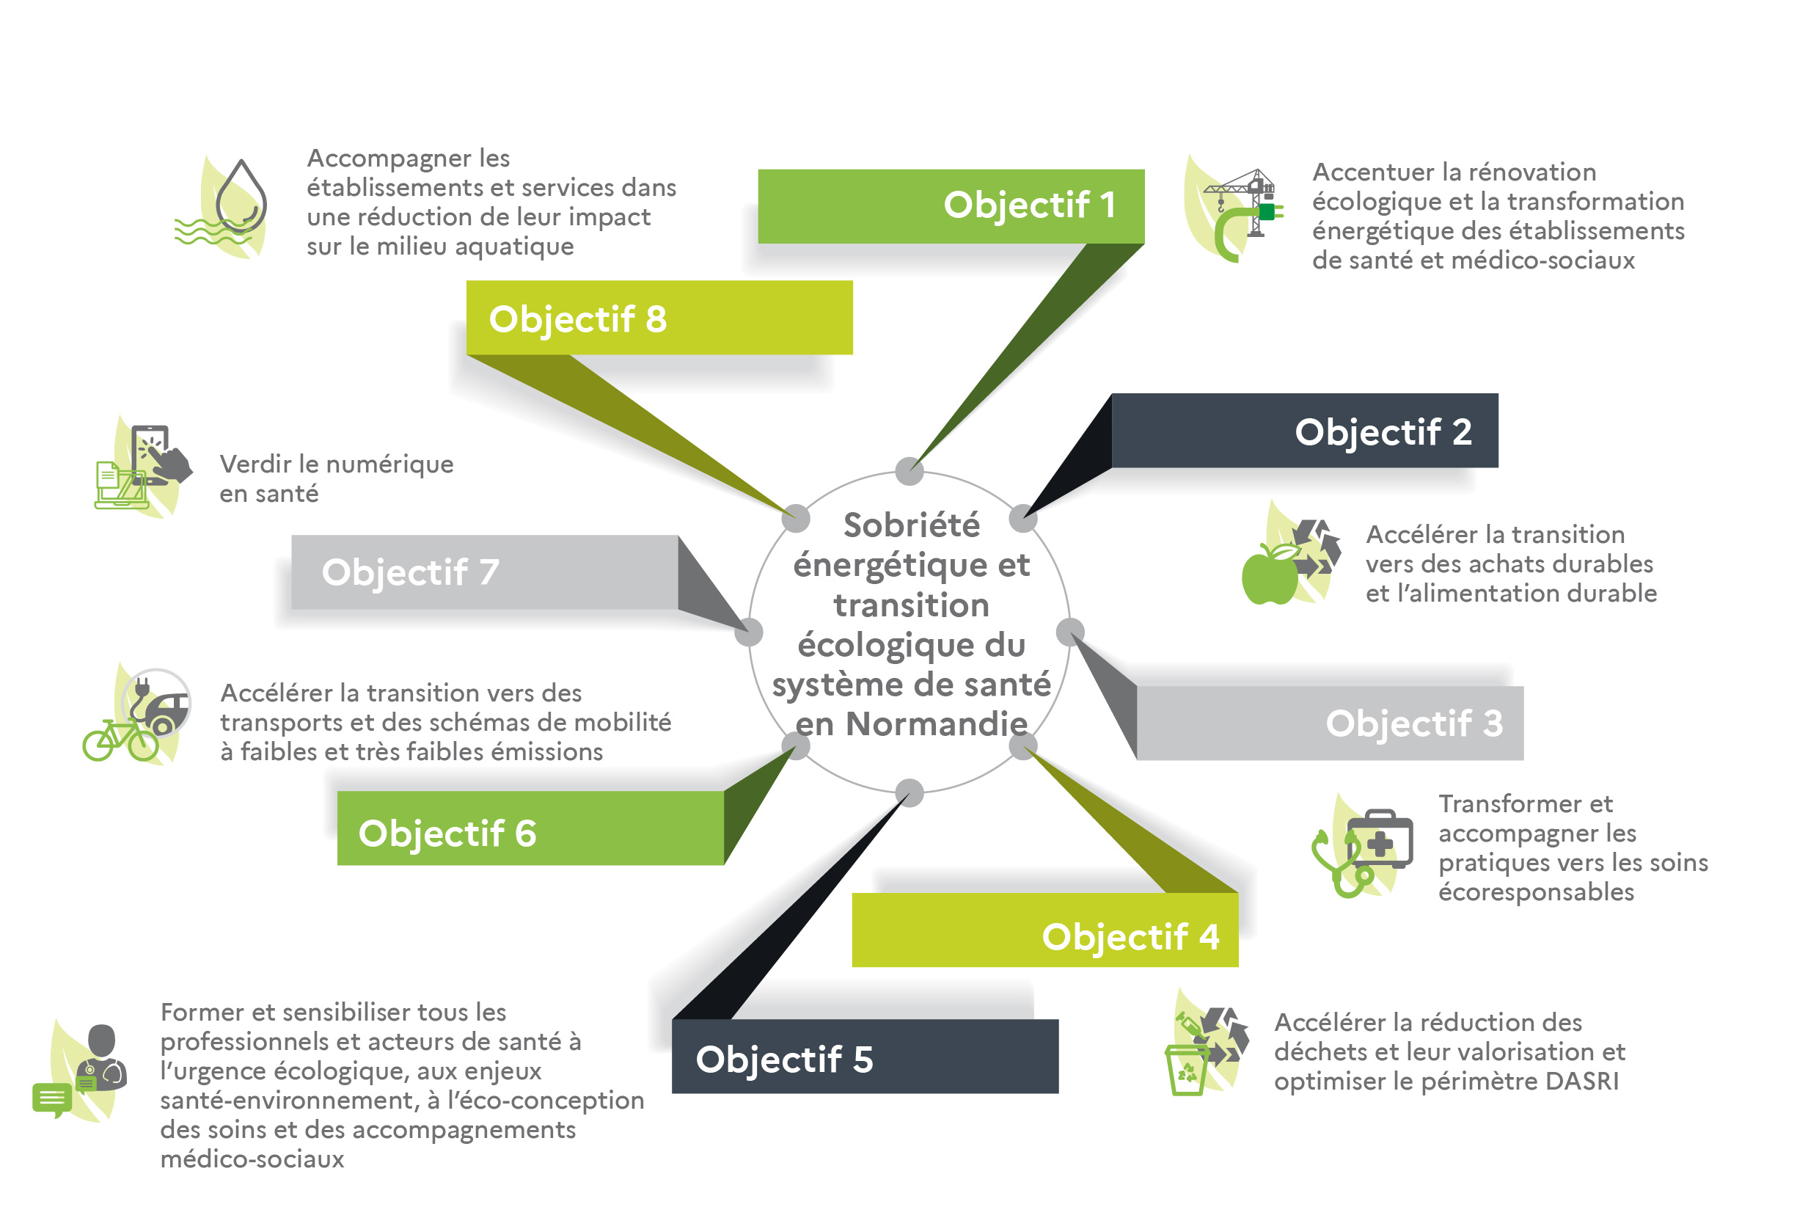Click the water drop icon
[x=241, y=197]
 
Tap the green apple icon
[x=1270, y=575]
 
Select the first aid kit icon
[x=1379, y=841]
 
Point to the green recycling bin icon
[x=1187, y=1069]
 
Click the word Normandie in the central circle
[x=936, y=724]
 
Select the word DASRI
[x=1581, y=1081]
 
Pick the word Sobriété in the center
[x=911, y=525]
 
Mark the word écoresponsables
[x=1536, y=892]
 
